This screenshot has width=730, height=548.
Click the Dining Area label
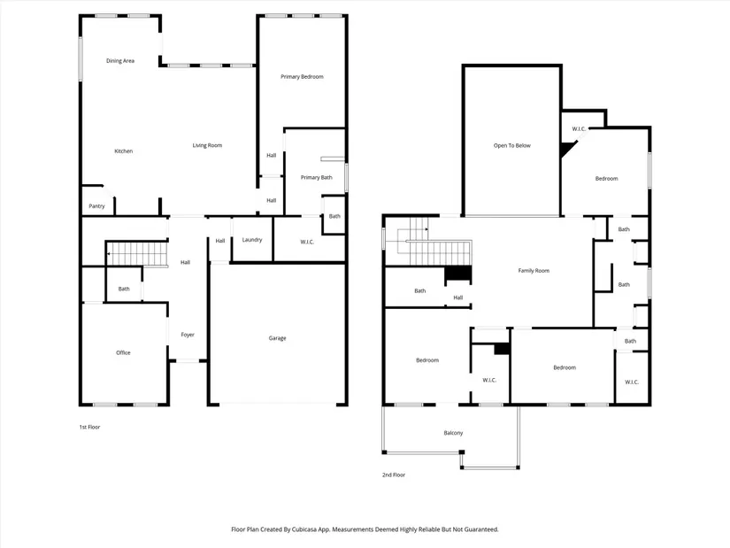tap(120, 60)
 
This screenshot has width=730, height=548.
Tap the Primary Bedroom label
tap(302, 76)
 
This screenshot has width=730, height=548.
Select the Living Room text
tap(207, 145)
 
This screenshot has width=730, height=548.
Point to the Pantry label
tap(96, 206)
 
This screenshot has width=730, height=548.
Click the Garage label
tap(277, 338)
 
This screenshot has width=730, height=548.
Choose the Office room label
tap(123, 352)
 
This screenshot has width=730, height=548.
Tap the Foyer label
tap(188, 335)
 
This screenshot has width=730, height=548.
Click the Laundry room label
tap(252, 240)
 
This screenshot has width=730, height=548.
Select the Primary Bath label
tap(317, 177)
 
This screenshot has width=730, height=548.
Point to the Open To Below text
tap(512, 145)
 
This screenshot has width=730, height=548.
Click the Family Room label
tap(534, 270)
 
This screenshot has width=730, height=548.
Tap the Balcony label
tap(453, 433)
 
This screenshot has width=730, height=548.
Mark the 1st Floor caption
tap(89, 427)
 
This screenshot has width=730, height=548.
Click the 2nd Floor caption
tap(394, 475)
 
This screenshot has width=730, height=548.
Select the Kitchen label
tap(123, 151)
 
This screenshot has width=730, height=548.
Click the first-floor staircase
tap(137, 254)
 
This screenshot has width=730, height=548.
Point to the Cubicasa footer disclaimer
tap(365, 529)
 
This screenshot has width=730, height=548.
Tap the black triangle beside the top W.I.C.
tap(566, 149)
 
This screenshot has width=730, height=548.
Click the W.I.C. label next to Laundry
tap(307, 242)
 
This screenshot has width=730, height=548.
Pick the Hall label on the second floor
tap(458, 297)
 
